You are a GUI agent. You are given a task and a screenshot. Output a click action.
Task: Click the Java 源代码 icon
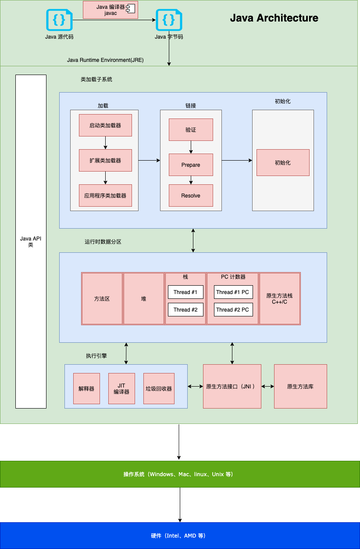[59, 20]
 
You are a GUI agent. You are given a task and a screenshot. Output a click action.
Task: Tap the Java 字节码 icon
[169, 20]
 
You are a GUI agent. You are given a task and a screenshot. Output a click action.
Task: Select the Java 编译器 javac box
[110, 10]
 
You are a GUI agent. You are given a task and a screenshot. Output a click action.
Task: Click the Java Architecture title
[274, 18]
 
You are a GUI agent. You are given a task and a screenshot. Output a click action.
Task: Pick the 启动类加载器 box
[105, 126]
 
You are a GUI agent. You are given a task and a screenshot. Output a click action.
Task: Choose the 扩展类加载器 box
[105, 161]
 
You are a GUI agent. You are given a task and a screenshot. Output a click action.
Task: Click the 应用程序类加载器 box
[105, 196]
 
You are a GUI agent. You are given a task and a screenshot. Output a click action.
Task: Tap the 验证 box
[191, 130]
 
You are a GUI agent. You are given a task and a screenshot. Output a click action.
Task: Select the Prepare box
[191, 165]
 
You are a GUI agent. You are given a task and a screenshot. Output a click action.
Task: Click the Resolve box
[191, 196]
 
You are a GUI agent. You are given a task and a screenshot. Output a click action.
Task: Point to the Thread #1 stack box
[185, 292]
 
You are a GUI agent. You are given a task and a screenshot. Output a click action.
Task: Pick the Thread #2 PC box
[232, 310]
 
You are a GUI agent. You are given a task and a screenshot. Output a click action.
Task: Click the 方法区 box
[102, 299]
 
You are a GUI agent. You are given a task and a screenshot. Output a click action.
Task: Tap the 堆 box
[143, 299]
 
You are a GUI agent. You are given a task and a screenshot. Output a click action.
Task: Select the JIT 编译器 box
[121, 389]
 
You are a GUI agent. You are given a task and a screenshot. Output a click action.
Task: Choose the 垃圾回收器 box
[159, 389]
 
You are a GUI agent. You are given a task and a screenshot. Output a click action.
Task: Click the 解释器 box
[86, 389]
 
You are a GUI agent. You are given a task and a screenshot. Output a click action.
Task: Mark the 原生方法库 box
[300, 387]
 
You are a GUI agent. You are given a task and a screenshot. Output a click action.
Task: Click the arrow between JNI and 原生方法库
[267, 387]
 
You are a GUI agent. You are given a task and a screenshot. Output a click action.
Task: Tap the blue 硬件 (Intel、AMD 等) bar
[180, 536]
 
